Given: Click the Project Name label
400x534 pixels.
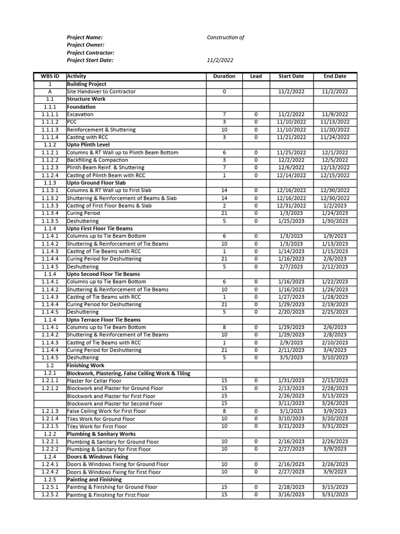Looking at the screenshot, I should (x=84, y=38).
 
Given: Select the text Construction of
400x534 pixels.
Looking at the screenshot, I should (x=225, y=38).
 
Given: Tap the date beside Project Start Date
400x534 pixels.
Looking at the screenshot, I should (x=220, y=60).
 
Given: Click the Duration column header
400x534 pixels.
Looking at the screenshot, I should (x=224, y=76).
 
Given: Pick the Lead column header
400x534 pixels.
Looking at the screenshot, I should (x=256, y=76).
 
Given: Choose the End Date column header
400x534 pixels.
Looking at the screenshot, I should (x=335, y=76).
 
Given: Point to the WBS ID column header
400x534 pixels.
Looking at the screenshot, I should (x=50, y=76).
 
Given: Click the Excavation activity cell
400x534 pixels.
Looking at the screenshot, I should (x=80, y=114).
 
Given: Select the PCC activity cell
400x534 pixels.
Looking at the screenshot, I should (x=72, y=122).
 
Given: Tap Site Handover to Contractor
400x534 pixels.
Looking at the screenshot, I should (x=101, y=91).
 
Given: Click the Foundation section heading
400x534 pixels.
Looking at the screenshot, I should (x=81, y=107).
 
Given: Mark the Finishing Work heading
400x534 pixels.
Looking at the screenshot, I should (x=85, y=366).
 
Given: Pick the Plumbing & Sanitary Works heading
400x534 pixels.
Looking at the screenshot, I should (x=101, y=434).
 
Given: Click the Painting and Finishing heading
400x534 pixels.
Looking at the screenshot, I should (x=95, y=479).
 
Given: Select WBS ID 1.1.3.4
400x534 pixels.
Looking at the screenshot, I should (x=50, y=213).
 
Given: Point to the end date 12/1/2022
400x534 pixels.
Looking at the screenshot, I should (x=335, y=152).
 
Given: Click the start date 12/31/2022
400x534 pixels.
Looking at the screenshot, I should (x=291, y=205).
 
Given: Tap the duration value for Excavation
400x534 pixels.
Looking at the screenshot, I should (x=224, y=114).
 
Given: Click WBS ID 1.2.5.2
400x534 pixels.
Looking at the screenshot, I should (x=50, y=494).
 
